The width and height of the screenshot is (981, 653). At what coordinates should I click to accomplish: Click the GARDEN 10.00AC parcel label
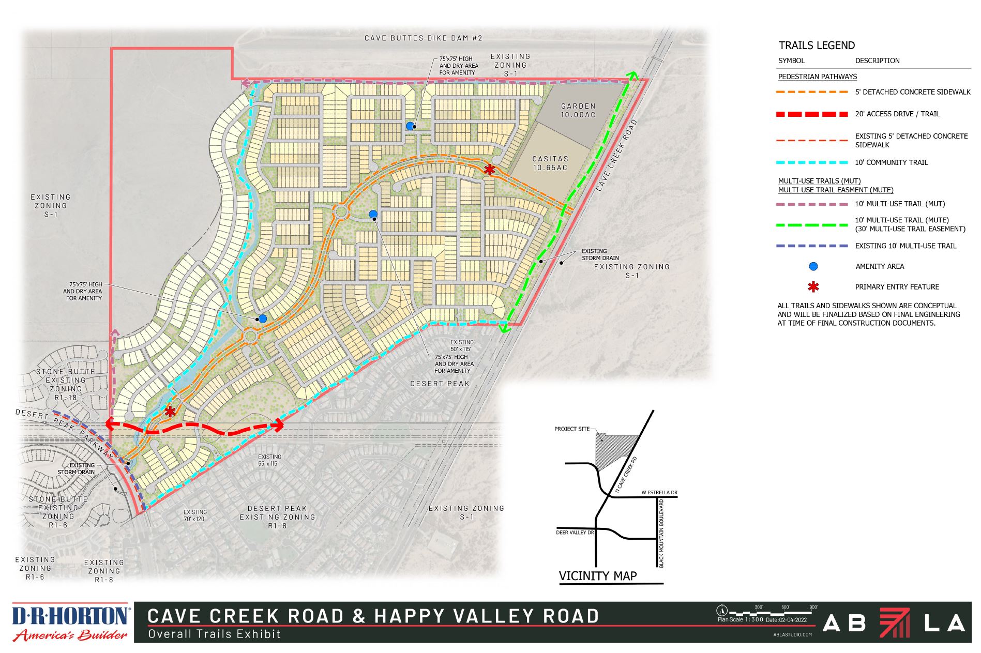[578, 110]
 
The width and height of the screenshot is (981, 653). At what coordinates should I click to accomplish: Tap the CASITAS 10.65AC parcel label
[550, 163]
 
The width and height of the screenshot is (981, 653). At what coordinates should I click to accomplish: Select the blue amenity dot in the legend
[813, 267]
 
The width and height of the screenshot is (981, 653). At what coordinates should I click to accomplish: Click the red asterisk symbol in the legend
[813, 287]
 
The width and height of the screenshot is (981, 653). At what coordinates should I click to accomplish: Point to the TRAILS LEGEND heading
[817, 45]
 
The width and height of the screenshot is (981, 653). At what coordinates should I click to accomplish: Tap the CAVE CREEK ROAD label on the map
[615, 156]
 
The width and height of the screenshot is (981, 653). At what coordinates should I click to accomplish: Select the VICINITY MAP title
[598, 576]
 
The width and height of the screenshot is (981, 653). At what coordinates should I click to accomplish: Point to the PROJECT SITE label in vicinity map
[571, 429]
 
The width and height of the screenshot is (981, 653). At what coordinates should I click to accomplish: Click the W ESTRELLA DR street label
[659, 492]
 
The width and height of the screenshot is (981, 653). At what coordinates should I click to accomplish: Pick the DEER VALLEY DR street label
[575, 532]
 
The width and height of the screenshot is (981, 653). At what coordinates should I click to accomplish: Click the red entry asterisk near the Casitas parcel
[489, 170]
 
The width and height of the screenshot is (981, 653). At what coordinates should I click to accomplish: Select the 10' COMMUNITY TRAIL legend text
[891, 162]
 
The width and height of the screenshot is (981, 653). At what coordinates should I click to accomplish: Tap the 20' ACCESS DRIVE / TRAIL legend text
[897, 114]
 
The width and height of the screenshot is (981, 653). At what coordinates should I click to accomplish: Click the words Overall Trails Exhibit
[214, 634]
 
